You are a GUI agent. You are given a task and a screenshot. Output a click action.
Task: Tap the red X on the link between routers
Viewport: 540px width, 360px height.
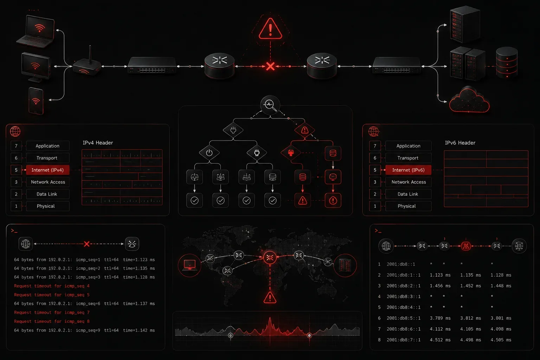[x=270, y=66]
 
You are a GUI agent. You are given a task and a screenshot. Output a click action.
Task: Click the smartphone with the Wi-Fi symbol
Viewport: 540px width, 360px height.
[x=36, y=101]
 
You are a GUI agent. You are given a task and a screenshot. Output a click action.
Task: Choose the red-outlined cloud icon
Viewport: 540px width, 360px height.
[x=469, y=101]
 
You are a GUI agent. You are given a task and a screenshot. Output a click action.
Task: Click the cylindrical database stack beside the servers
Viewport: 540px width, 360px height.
[x=507, y=63]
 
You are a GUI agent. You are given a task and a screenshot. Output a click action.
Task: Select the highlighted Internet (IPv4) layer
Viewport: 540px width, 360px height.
[x=47, y=170]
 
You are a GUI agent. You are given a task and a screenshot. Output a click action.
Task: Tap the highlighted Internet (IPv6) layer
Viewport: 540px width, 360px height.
[x=408, y=170]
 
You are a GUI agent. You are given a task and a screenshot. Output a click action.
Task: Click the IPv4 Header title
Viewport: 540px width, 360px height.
[x=98, y=143]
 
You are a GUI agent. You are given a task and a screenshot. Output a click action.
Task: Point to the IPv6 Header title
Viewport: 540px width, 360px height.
[x=460, y=143]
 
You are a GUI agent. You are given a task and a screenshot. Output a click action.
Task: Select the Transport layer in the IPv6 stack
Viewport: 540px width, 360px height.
[x=408, y=158]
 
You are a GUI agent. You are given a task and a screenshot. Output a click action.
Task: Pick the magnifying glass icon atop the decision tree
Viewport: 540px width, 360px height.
[x=270, y=105]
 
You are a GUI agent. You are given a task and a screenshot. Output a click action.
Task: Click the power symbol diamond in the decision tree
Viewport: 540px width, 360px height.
[x=209, y=153]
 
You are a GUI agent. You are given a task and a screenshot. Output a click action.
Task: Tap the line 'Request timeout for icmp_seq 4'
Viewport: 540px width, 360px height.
[x=52, y=286]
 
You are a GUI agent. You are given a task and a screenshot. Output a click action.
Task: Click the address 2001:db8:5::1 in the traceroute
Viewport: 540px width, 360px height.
[x=404, y=318]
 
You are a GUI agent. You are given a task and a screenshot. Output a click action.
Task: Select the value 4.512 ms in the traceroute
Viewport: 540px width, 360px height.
[x=440, y=340]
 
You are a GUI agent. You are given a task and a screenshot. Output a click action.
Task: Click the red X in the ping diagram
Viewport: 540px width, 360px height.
[x=86, y=244]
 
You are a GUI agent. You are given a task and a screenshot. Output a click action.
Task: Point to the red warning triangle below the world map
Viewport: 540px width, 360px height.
[x=270, y=297]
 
